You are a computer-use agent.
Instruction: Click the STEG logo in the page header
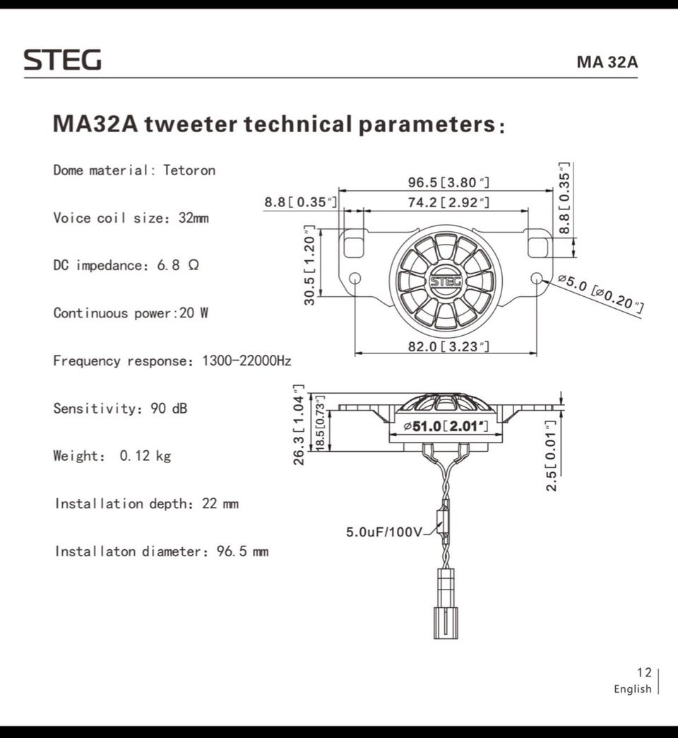[63, 60]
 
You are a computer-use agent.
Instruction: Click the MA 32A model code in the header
[607, 61]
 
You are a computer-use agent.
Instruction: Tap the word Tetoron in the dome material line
[189, 170]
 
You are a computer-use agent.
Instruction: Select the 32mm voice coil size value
[194, 218]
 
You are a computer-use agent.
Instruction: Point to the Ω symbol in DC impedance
[194, 265]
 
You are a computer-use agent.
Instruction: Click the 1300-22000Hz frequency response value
[246, 361]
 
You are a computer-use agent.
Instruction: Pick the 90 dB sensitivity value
[169, 408]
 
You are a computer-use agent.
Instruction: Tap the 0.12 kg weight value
[145, 456]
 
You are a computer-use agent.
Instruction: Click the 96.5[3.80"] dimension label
[448, 182]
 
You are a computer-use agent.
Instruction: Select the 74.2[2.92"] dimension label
[448, 202]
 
